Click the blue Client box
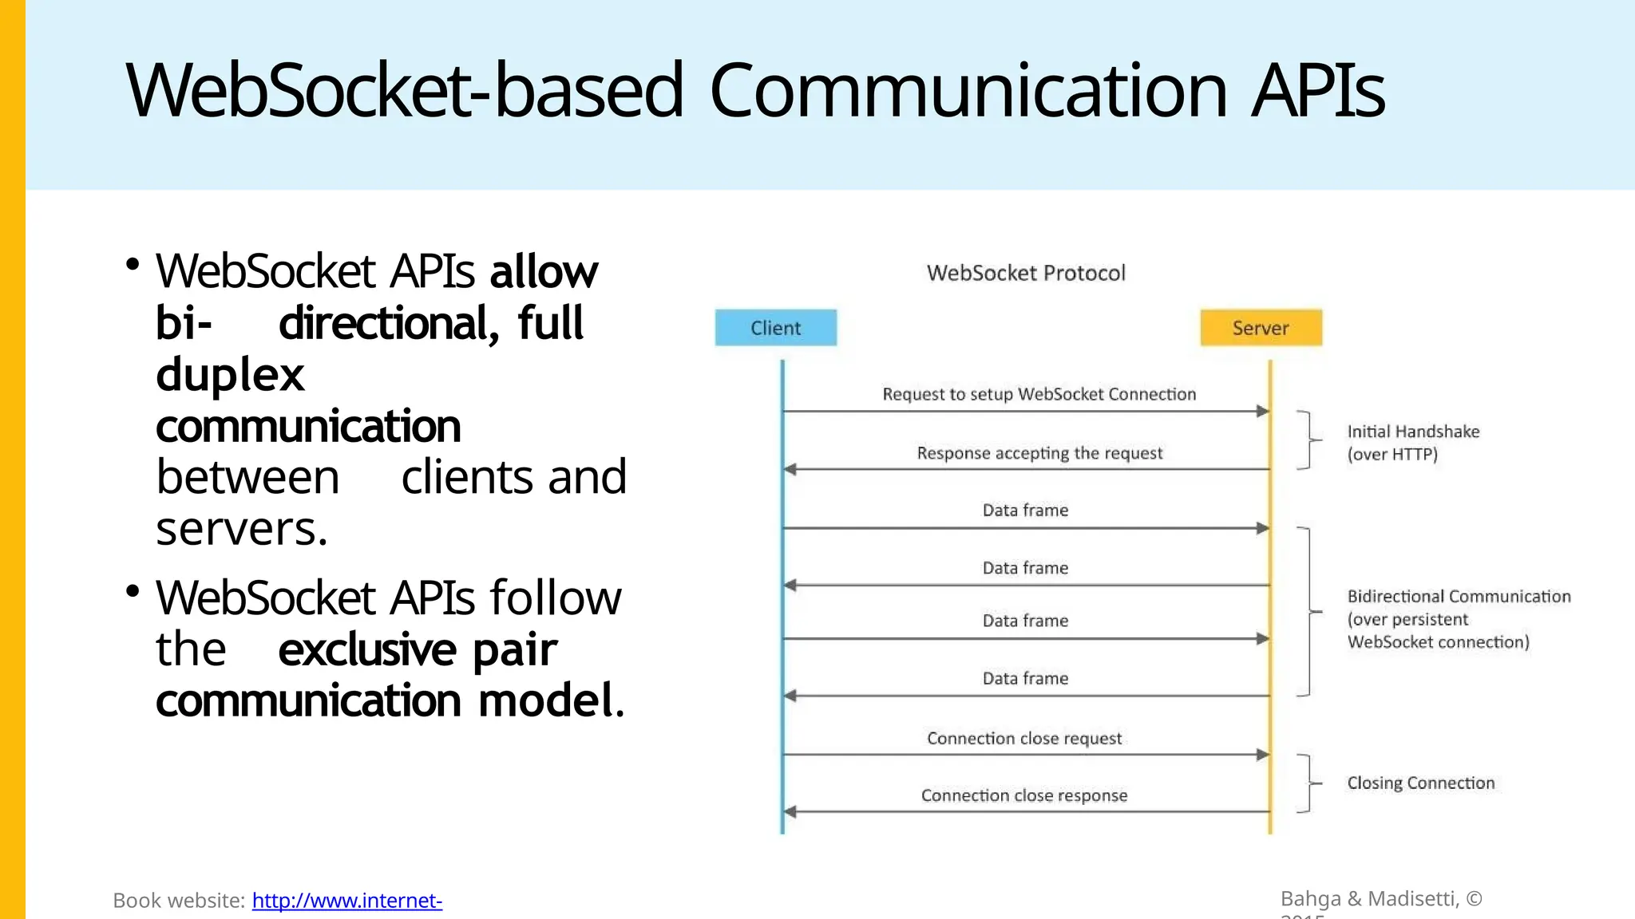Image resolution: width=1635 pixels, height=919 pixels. (x=775, y=328)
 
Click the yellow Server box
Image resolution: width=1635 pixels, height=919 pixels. (x=1261, y=328)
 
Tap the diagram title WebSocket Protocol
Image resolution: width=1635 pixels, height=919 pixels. (x=1026, y=274)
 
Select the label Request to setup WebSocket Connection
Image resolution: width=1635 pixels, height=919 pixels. (x=1039, y=394)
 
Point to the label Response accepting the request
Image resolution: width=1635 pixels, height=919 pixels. (x=1039, y=453)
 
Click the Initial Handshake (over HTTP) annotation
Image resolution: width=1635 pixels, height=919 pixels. (x=1412, y=443)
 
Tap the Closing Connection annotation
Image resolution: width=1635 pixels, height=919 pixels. (x=1420, y=783)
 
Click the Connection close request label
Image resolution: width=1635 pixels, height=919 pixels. (x=1024, y=739)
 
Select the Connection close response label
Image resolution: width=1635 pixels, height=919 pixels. (x=1024, y=795)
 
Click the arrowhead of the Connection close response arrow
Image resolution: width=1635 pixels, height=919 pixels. (x=790, y=812)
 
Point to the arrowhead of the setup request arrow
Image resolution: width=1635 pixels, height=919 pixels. (x=1263, y=412)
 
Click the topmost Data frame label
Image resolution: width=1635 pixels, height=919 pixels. (x=1025, y=511)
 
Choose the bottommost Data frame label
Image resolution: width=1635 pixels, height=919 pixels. (x=1025, y=679)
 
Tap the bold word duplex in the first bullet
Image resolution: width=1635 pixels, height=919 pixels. (x=230, y=375)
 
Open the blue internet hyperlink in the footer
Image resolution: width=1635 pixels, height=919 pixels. (x=346, y=901)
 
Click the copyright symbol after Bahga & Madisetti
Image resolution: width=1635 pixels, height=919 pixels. (x=1474, y=899)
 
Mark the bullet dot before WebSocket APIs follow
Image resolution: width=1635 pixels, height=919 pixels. (x=133, y=591)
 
